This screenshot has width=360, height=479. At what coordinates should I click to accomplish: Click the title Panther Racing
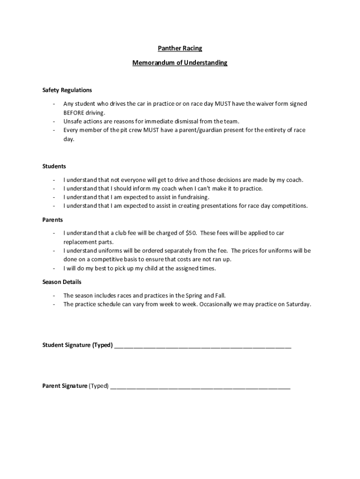point(180,48)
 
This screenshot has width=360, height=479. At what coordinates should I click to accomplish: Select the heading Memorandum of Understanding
point(180,62)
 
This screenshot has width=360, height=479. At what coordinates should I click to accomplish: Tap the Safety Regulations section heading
point(67,90)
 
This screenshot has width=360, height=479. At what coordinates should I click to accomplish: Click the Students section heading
point(54,166)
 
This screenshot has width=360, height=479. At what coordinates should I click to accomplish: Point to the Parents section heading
point(52,219)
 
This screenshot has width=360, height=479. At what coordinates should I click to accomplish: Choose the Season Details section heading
point(62,282)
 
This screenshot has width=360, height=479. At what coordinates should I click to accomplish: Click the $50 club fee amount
point(191,233)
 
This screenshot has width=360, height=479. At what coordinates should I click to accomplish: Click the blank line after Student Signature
point(202,346)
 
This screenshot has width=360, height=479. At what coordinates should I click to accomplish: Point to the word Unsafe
point(72,121)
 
